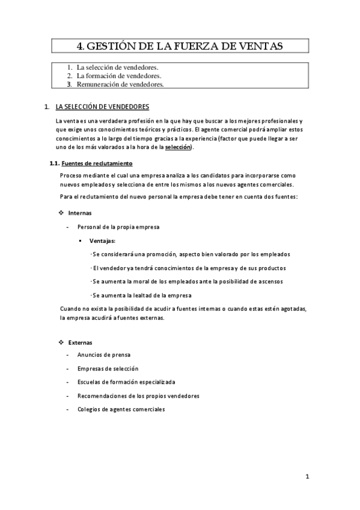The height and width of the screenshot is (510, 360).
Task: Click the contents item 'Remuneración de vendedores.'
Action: tap(120, 85)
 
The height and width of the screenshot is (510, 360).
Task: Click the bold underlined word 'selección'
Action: tap(177, 147)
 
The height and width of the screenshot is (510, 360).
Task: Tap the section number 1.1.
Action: tap(54, 164)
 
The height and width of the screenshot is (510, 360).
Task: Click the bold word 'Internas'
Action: tap(80, 213)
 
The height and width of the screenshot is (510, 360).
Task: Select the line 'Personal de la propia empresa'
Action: tap(118, 227)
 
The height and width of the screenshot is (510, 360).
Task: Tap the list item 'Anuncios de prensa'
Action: tap(104, 355)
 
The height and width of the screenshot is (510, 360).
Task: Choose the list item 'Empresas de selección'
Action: tap(108, 368)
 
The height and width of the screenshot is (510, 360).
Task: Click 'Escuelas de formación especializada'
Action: tap(126, 382)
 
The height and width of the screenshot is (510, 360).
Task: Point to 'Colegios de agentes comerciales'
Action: tap(121, 410)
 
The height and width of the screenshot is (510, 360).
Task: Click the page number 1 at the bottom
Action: tap(307, 477)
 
